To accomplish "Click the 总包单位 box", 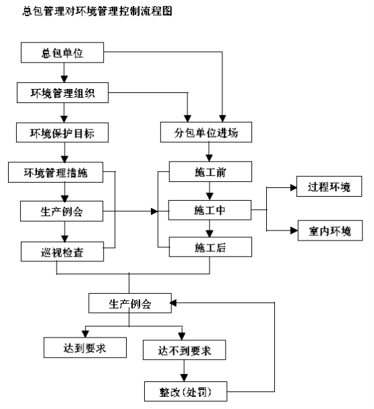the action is pos(62,53).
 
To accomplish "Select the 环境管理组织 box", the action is pos(63,92).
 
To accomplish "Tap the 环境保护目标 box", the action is pos(62,133).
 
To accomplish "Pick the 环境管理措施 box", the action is pos(55,172).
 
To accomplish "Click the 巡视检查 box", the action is pos(62,251).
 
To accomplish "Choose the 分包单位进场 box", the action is pos(206,132).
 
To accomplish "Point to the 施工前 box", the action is pos(210,171).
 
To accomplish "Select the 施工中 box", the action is pos(210,210).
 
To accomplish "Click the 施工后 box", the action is pos(210,247).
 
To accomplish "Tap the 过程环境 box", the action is pos(329,186).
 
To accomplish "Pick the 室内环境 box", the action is pos(330,230).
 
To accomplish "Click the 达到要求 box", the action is pos(85,348).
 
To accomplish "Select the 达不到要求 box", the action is pos(185,350).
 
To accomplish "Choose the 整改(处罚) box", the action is pos(186,391).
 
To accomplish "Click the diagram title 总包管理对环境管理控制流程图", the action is pos(97,11).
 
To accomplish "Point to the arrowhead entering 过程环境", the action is pos(293,187).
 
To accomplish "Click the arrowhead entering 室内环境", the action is pos(294,230).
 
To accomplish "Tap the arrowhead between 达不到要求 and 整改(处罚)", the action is pos(184,378).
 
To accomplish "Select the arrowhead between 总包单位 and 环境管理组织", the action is pos(64,79).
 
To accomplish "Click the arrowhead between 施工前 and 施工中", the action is pos(210,196).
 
